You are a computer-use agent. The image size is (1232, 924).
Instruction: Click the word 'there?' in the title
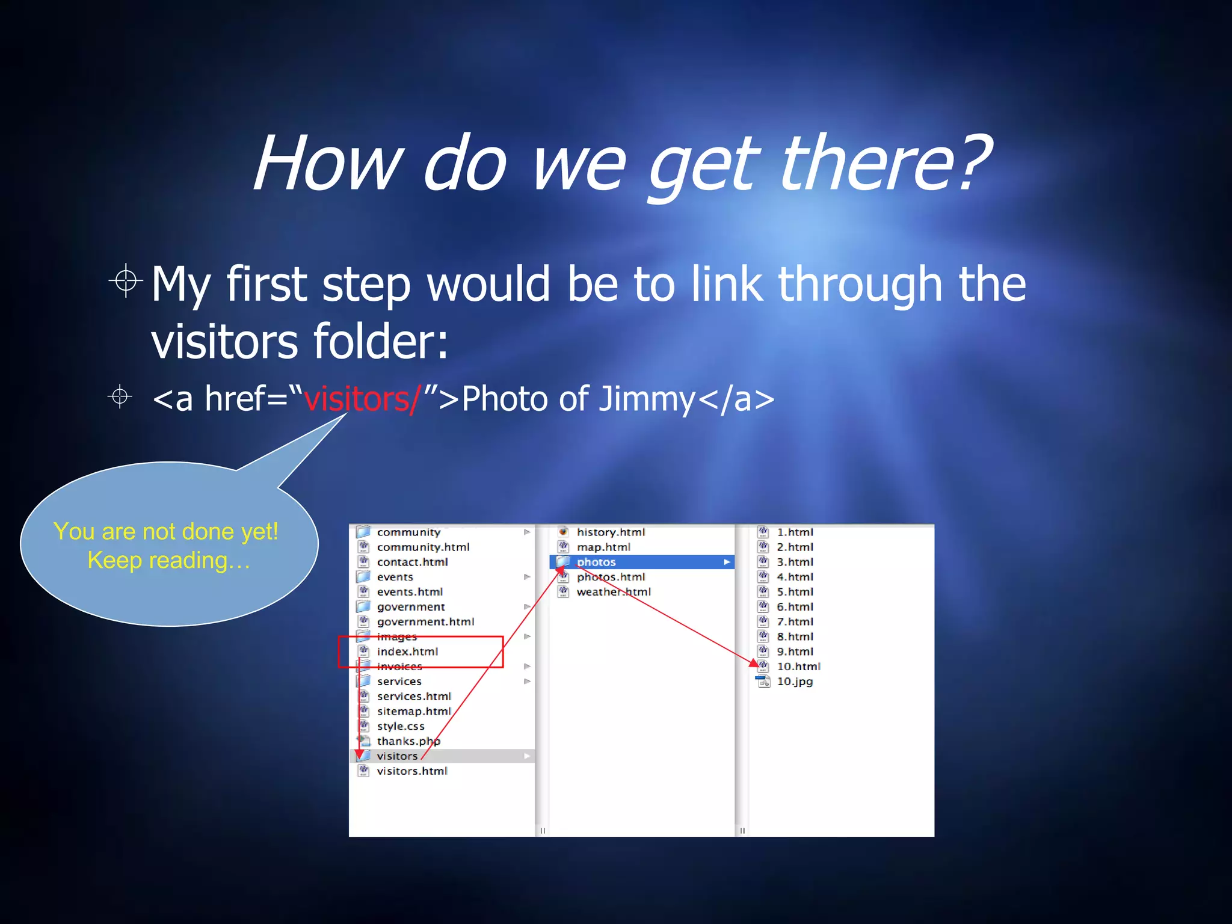pos(884,164)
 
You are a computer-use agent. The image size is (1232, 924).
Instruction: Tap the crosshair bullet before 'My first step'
pos(126,280)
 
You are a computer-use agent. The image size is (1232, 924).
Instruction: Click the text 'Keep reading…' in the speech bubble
pos(168,561)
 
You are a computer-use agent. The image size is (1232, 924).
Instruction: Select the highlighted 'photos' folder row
pos(641,562)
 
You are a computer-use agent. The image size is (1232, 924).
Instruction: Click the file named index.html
pos(407,651)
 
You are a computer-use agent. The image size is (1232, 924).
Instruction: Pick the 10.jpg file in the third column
pos(794,682)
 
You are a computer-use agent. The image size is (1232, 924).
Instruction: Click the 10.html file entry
pos(798,667)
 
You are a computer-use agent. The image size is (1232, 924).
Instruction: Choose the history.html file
pos(610,532)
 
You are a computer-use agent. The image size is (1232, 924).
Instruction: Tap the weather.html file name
pos(613,592)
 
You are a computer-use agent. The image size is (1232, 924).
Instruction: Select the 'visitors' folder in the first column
pos(397,756)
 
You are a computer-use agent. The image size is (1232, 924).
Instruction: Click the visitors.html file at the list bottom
pos(412,771)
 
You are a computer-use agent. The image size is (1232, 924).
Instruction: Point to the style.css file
pos(401,727)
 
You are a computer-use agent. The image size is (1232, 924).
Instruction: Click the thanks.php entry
pos(408,741)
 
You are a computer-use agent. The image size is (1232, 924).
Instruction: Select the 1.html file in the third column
pos(794,532)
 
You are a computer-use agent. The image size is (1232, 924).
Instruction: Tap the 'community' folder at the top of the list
pos(408,532)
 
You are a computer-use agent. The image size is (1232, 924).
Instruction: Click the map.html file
pos(603,547)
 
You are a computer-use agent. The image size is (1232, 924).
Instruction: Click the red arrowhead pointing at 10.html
pos(754,663)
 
